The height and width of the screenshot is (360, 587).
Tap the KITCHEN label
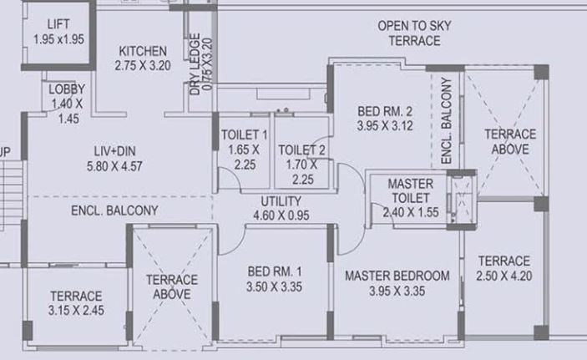coord(143,50)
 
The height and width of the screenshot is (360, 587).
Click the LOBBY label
coord(65,89)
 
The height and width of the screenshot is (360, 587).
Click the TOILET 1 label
coord(244,134)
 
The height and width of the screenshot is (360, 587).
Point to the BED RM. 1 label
coord(275,271)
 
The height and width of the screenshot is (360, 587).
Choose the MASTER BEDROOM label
coord(397,276)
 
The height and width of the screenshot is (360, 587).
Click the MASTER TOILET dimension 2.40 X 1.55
coord(410,213)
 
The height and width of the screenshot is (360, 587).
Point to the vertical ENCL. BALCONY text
coord(446,120)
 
